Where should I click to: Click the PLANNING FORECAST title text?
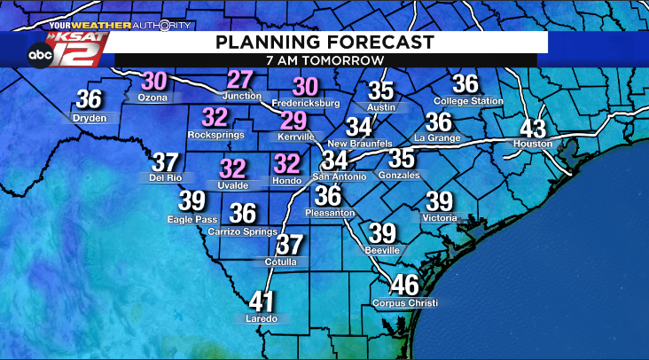[x=313, y=42]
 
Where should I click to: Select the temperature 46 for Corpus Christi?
[x=404, y=286]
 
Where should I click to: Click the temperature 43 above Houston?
[x=533, y=128]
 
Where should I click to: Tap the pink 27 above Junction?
[x=240, y=79]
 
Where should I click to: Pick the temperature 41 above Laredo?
[x=262, y=301]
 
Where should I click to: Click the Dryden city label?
[x=90, y=117]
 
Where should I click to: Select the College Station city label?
[x=467, y=101]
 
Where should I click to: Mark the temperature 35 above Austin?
[x=380, y=90]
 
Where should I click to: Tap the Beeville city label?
[x=383, y=251]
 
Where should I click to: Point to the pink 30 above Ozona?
[x=154, y=81]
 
